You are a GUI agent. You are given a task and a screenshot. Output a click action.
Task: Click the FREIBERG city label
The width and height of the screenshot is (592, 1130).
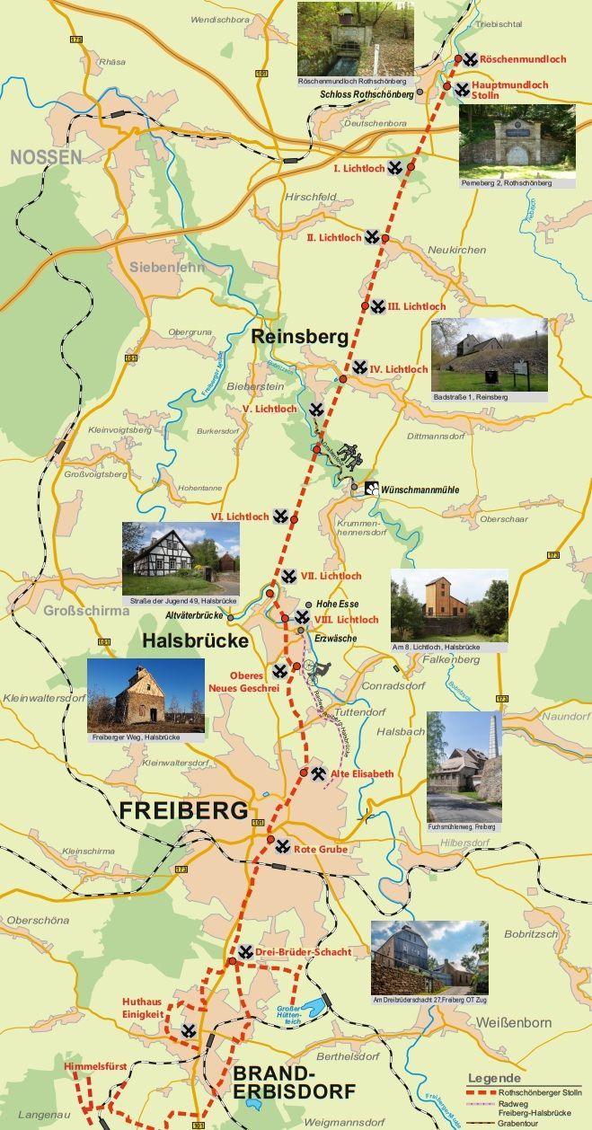183,810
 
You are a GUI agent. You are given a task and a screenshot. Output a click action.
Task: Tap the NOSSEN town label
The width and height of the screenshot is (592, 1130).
45,158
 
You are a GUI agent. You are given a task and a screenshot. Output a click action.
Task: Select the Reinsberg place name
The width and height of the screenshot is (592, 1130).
299,338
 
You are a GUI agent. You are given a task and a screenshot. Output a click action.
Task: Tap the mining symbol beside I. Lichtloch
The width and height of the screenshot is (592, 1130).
394,167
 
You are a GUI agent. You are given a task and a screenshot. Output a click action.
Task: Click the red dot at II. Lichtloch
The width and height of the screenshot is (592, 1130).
385,238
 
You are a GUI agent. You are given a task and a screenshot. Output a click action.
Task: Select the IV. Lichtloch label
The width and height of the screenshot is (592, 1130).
399,369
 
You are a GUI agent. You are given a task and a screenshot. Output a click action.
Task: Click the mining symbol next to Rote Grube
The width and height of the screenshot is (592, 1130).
283,845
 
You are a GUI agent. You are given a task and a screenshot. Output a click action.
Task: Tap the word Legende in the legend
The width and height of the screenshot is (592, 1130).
493,1078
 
